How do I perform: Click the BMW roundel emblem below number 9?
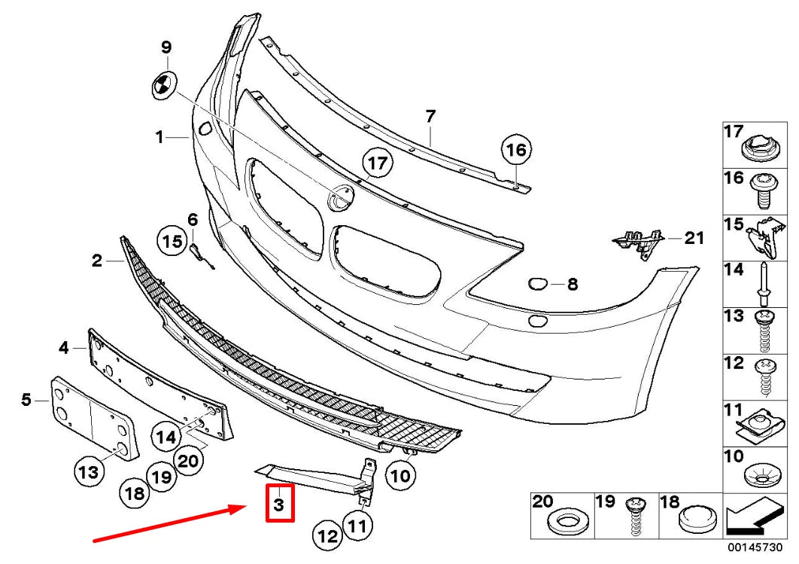[x=162, y=85]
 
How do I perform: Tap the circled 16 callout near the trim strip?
[x=517, y=150]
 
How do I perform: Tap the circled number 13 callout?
[x=89, y=472]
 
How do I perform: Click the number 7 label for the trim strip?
[x=430, y=117]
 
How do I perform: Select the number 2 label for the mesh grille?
[x=96, y=261]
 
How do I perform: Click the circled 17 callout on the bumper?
[x=378, y=162]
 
